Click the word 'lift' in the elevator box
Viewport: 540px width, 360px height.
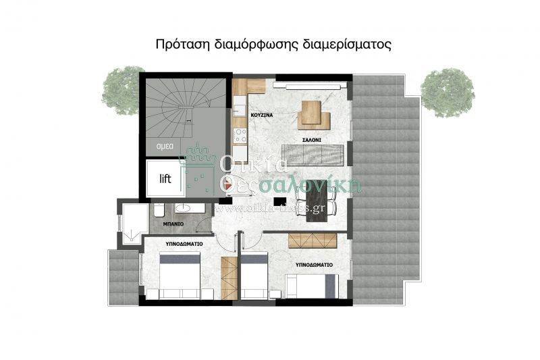(165, 179)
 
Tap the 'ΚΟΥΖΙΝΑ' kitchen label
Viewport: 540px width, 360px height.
(261, 115)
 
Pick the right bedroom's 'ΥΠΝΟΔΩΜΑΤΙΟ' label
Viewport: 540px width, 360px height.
(314, 265)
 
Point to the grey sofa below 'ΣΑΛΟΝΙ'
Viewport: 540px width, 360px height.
(314, 155)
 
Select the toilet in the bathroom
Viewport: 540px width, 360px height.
(157, 209)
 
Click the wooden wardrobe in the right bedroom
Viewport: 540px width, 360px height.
(312, 240)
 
